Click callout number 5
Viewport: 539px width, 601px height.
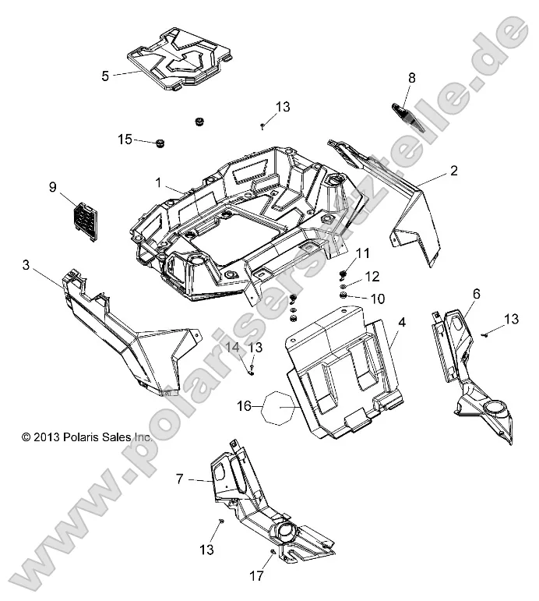pyautogui.click(x=105, y=76)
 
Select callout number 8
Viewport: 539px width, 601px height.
pyautogui.click(x=412, y=77)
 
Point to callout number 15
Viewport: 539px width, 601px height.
pyautogui.click(x=125, y=140)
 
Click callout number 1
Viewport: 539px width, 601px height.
pyautogui.click(x=158, y=183)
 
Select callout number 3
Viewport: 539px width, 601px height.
pyautogui.click(x=26, y=266)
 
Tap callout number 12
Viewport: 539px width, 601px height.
pyautogui.click(x=372, y=276)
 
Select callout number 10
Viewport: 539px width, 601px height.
pyautogui.click(x=376, y=299)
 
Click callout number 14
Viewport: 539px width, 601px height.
pyautogui.click(x=232, y=347)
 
